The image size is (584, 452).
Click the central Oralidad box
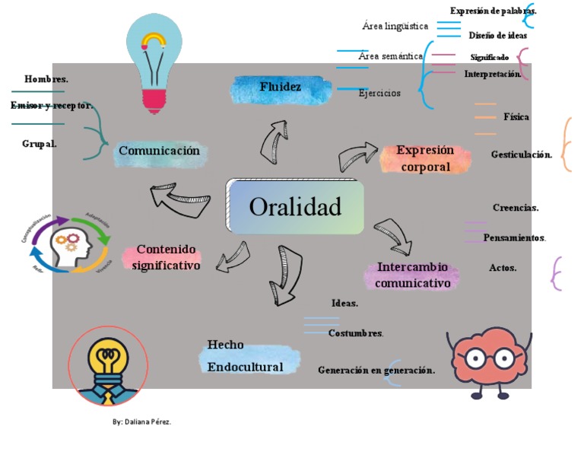coord(295,206)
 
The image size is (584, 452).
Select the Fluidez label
coord(281,88)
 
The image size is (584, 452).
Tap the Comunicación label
coord(159,151)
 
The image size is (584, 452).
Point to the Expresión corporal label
coord(425,159)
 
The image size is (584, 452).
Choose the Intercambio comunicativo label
coord(413,275)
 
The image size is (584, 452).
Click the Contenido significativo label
coord(167,257)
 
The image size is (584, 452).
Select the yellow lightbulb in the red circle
coord(108,366)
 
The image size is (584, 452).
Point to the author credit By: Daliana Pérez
coord(142,422)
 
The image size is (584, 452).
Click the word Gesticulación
coord(521,154)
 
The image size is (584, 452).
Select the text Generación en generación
coord(376,371)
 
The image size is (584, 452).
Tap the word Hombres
coord(46,79)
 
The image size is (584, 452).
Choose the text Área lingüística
coord(395,27)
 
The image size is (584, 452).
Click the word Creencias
coord(516,207)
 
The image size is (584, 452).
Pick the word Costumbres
coord(356,333)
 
